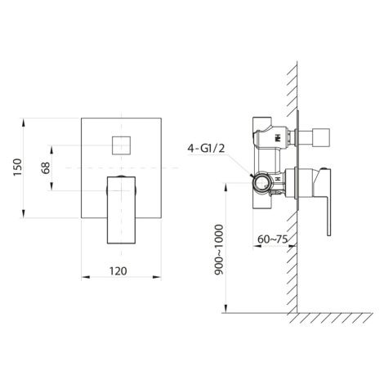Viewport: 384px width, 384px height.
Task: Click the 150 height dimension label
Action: click(17, 167)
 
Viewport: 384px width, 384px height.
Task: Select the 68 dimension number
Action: click(46, 167)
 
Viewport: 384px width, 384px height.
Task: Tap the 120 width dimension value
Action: click(118, 271)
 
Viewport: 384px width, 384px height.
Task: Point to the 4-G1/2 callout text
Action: click(206, 149)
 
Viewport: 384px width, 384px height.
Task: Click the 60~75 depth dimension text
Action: click(272, 239)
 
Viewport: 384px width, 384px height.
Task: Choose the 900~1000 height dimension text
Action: click(219, 250)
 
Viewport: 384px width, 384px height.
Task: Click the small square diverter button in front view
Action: click(122, 145)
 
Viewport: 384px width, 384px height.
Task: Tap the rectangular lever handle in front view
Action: click(121, 210)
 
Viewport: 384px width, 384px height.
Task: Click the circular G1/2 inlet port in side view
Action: click(261, 183)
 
